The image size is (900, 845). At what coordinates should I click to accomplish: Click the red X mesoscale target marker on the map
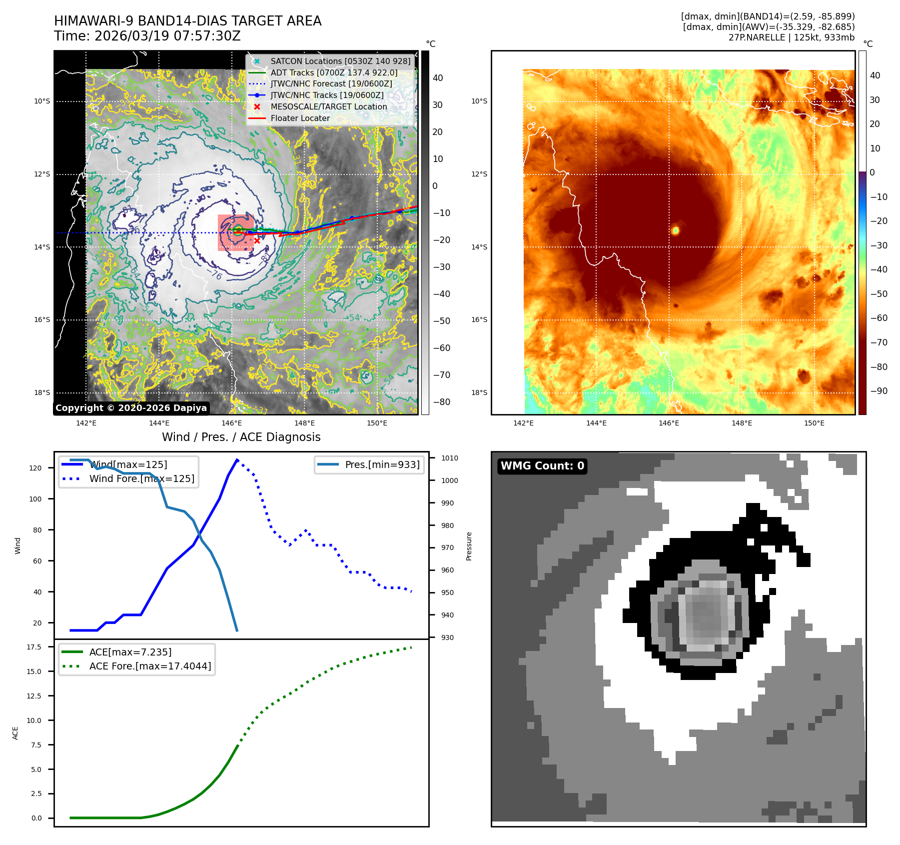[x=257, y=240]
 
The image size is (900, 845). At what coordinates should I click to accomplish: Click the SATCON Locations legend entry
[x=340, y=61]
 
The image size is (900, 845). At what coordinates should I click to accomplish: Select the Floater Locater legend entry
[x=300, y=118]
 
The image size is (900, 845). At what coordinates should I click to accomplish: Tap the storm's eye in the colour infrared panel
[x=675, y=230]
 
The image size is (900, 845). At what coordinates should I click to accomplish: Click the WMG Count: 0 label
[x=542, y=466]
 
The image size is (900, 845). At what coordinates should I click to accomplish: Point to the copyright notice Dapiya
[x=131, y=408]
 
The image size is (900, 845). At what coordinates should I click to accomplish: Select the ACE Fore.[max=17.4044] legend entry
[x=150, y=666]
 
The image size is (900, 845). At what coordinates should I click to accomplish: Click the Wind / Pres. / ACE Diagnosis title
[x=241, y=437]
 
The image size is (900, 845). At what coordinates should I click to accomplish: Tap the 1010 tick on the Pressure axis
[x=449, y=458]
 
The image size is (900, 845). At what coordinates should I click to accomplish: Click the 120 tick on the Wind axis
[x=35, y=468]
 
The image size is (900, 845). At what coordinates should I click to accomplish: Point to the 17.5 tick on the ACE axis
[x=34, y=647]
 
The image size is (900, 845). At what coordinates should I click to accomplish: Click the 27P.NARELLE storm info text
[x=791, y=37]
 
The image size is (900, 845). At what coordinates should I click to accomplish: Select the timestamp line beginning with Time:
[x=147, y=36]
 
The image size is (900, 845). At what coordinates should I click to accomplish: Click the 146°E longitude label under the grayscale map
[x=231, y=423]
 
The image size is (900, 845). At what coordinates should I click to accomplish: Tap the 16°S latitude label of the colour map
[x=479, y=319]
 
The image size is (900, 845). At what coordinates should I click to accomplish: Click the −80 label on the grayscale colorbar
[x=441, y=402]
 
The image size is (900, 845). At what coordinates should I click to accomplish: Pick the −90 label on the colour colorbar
[x=879, y=391]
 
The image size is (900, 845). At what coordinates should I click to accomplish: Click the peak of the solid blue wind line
[x=237, y=459]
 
